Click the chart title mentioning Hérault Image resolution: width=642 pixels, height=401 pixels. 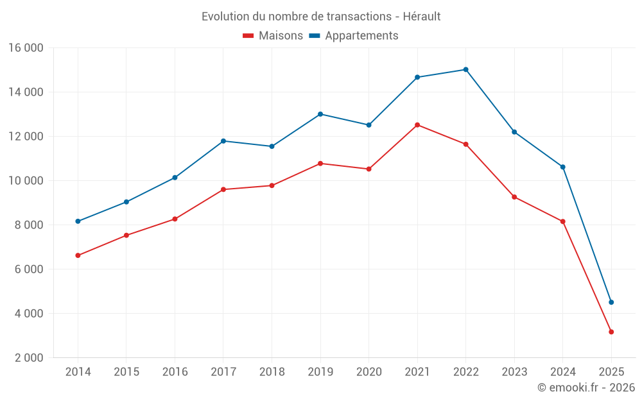coord(321,17)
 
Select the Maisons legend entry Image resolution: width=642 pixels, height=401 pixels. coord(273,36)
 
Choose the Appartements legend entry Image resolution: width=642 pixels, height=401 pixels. coord(354,36)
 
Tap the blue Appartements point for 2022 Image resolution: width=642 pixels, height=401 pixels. coord(465,69)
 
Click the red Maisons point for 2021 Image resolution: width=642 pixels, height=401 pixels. coord(417,125)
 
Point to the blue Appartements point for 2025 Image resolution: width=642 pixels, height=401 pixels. coord(611,302)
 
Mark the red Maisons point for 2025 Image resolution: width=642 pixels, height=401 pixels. coord(611,332)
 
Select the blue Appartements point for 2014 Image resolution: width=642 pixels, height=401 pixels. coord(78,221)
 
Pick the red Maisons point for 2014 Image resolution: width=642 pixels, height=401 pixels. coord(78,255)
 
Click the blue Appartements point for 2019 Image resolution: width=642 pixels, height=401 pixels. coord(320,114)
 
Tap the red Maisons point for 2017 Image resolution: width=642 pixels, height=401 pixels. coord(223,189)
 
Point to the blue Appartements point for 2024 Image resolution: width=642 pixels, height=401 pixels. coord(563,167)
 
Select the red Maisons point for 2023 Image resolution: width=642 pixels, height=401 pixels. coord(514,197)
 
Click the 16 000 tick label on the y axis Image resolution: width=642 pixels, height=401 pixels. coord(26,48)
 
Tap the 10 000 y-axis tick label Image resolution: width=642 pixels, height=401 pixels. coord(26,181)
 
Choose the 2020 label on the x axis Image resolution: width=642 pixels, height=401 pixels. coord(369,372)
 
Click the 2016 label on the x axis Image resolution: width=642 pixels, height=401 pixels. coord(175,372)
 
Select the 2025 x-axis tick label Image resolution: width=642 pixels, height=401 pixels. coord(611,372)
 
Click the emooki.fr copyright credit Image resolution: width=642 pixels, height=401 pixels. coord(586,388)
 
